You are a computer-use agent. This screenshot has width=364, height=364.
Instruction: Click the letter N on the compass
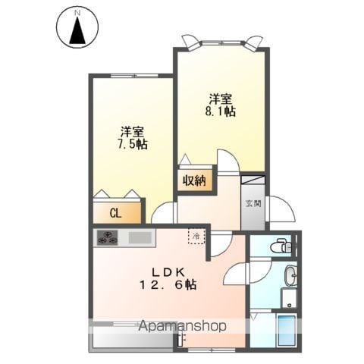click(x=77, y=13)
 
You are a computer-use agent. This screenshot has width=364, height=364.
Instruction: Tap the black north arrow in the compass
click(x=77, y=30)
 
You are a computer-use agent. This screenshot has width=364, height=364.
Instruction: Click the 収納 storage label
click(x=194, y=180)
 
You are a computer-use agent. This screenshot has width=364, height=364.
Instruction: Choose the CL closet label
click(x=115, y=214)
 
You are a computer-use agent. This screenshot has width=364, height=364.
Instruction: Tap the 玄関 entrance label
click(x=253, y=203)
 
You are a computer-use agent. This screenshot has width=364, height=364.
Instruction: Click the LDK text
click(x=168, y=272)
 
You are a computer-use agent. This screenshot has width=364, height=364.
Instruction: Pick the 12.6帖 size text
click(x=168, y=285)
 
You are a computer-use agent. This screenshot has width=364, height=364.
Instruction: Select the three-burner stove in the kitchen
click(x=108, y=237)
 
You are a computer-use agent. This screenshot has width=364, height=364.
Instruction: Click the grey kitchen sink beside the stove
click(x=140, y=237)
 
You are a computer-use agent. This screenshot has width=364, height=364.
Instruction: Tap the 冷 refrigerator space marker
click(x=196, y=237)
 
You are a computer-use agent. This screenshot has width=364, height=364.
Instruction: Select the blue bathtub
click(x=287, y=331)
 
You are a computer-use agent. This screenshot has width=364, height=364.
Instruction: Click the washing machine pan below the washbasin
click(x=290, y=298)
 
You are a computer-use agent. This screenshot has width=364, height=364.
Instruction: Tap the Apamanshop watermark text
click(x=182, y=326)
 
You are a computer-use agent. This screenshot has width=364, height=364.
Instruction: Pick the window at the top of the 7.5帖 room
click(x=135, y=75)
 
